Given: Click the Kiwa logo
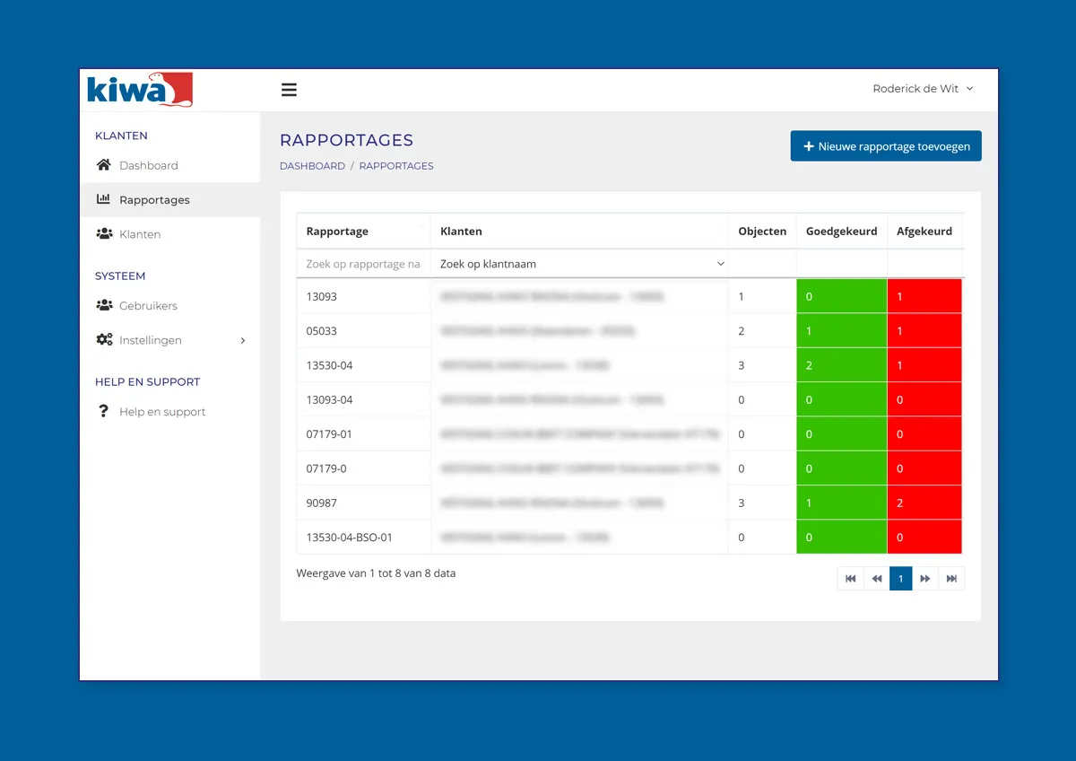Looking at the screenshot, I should point(139,90).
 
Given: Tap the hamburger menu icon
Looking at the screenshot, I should point(289,90).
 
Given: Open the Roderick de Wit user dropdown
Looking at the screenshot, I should point(923,89).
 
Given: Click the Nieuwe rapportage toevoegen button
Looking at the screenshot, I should point(886,146).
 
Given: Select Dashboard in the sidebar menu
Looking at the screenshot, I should point(148,165).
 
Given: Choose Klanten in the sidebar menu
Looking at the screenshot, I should point(140,234).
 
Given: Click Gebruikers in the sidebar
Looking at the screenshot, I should point(148,306).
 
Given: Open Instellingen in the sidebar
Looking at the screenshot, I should point(151,340).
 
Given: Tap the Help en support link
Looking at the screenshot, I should point(162,412).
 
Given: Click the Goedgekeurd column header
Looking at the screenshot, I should point(841,232).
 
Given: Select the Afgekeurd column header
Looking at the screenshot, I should point(924,232).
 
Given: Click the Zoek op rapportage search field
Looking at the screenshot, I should point(363,265).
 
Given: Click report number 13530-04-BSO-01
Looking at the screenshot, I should point(350,538).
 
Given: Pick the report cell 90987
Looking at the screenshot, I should point(322,503).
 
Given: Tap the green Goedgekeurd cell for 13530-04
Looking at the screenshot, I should point(841,366).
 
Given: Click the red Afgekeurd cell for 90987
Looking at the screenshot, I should point(924,503).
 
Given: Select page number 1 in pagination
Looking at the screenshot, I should point(901,579).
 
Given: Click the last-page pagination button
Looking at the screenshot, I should point(951,579).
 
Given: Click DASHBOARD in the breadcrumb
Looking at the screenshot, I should point(312,166).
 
